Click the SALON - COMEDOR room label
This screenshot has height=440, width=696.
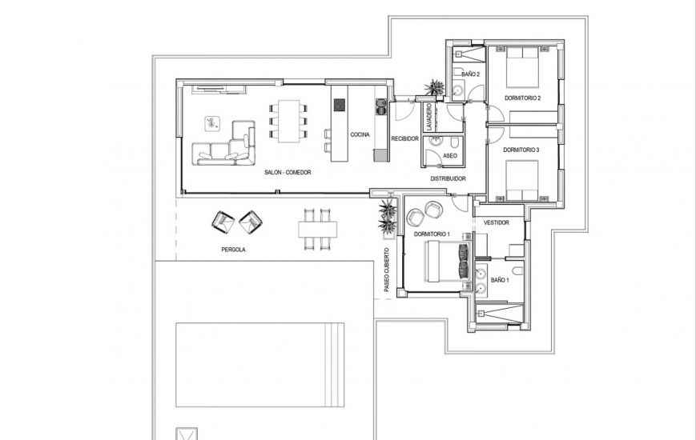tap(287, 173)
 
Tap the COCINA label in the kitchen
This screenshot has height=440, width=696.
tap(360, 134)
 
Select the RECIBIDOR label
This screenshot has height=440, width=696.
tap(405, 138)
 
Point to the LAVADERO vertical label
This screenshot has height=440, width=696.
tap(429, 117)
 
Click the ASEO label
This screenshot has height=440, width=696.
tap(450, 155)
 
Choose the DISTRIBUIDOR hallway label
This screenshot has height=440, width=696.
tap(449, 178)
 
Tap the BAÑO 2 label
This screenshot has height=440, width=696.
tap(471, 74)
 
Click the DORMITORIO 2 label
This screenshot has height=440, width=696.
tap(522, 98)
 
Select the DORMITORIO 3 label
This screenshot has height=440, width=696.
tap(521, 150)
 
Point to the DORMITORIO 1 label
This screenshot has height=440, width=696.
tap(432, 234)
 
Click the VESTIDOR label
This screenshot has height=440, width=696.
tap(497, 222)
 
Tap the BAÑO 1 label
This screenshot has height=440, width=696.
tap(500, 281)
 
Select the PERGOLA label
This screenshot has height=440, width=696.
tap(233, 250)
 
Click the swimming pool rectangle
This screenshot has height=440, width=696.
tap(259, 364)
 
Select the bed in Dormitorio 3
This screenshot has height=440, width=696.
tap(522, 181)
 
